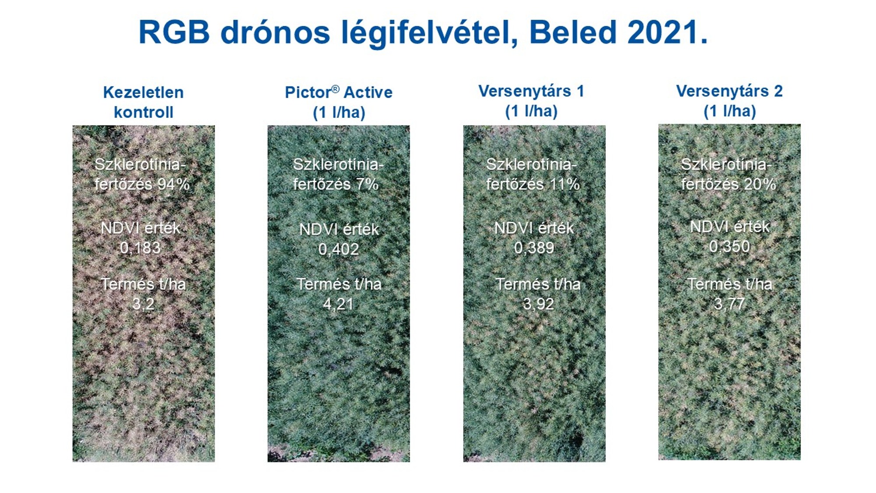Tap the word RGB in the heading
(174, 32)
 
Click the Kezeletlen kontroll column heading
(143, 102)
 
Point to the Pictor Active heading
(339, 102)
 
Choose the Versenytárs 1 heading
(531, 101)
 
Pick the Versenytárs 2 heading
(729, 101)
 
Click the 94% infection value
(173, 184)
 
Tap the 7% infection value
(367, 184)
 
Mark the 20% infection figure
(760, 184)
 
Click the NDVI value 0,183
(140, 248)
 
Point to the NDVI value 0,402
(339, 249)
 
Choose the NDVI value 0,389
(534, 248)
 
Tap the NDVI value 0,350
(729, 247)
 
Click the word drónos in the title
(275, 32)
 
